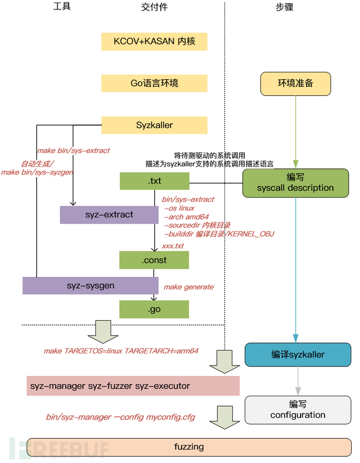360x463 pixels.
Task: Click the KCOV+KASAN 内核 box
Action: [154, 41]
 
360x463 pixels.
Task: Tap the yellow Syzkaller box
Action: [154, 125]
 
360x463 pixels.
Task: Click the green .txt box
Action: [154, 181]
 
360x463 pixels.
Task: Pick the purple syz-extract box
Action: [109, 215]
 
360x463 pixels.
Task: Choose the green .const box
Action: [154, 260]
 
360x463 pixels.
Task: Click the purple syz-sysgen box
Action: [90, 286]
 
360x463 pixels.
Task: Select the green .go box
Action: [154, 310]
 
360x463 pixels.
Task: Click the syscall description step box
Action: [295, 183]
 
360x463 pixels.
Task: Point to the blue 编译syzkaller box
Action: [298, 355]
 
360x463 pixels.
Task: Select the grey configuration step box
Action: [298, 409]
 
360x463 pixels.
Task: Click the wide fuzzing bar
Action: [189, 447]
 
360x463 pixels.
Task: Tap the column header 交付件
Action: [154, 7]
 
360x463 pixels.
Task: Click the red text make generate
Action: [188, 287]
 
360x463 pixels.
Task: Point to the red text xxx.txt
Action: [173, 246]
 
